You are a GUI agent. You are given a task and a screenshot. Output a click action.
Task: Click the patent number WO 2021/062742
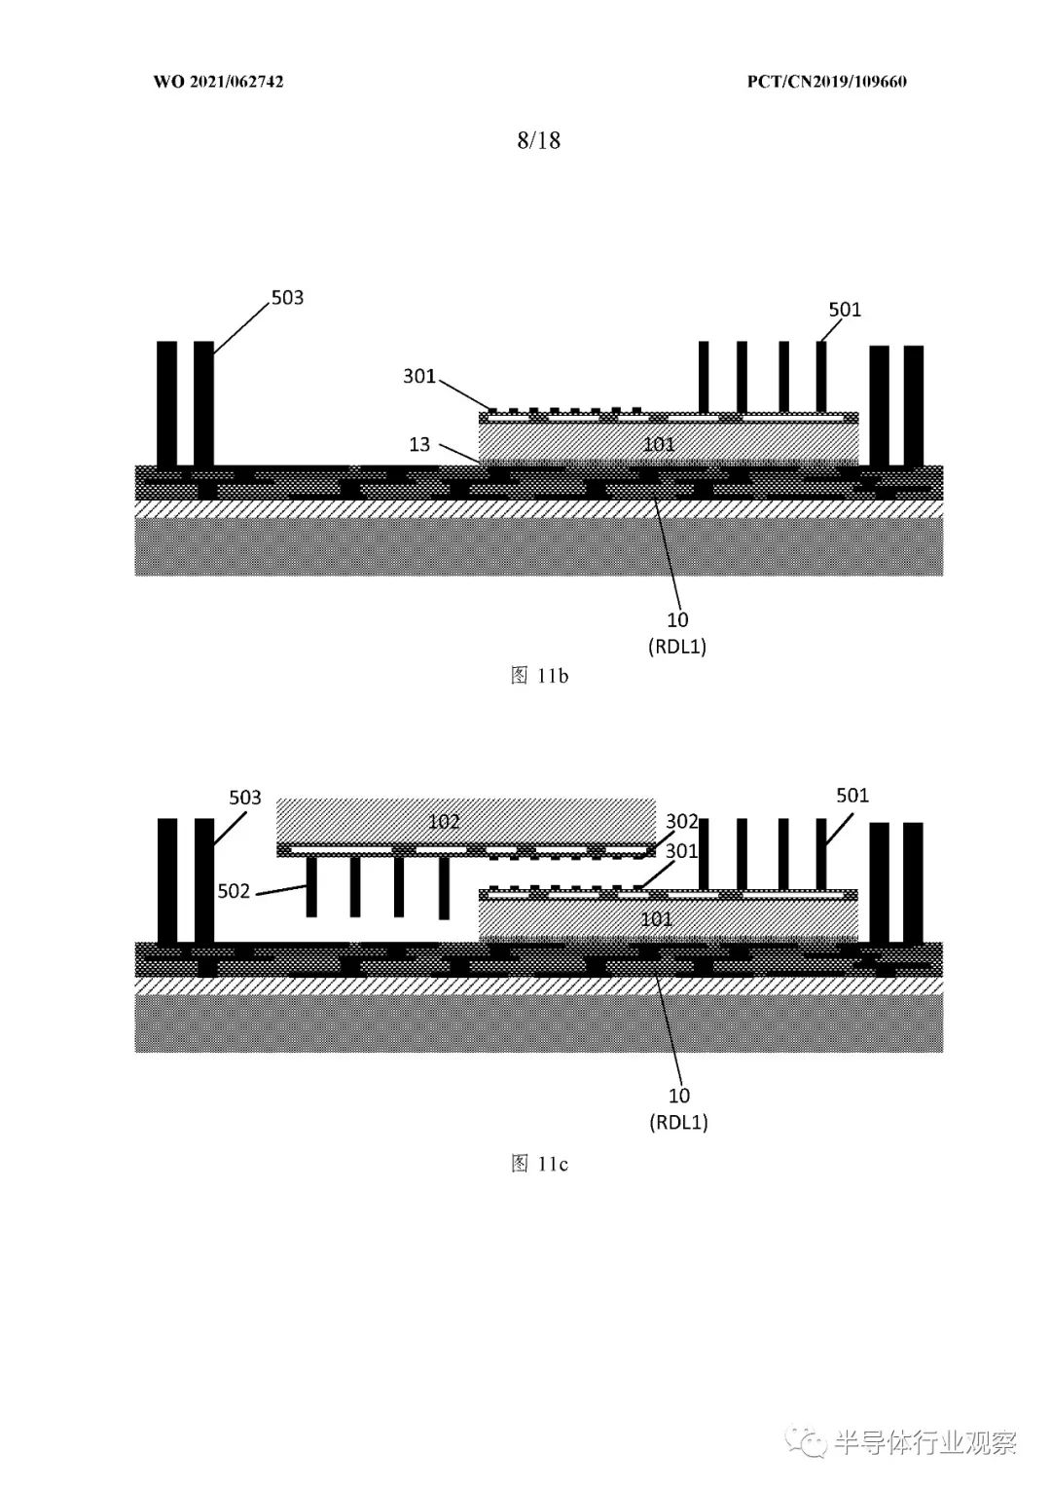pyautogui.click(x=219, y=82)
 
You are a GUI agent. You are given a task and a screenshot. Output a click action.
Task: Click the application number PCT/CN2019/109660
pyautogui.click(x=826, y=82)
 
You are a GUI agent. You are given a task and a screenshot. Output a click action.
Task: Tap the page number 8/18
pyautogui.click(x=539, y=140)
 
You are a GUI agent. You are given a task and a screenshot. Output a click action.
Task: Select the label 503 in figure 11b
pyautogui.click(x=287, y=297)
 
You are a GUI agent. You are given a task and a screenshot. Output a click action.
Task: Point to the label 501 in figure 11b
pyautogui.click(x=845, y=309)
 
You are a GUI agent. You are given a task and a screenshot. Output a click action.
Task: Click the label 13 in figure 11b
pyautogui.click(x=419, y=444)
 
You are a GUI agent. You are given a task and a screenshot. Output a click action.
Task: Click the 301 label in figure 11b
pyautogui.click(x=419, y=376)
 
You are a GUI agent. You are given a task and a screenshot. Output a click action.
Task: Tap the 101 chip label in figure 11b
pyautogui.click(x=659, y=444)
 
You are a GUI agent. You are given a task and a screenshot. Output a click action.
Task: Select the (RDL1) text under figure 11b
pyautogui.click(x=677, y=646)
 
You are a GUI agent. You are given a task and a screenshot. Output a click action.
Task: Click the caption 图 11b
pyautogui.click(x=539, y=676)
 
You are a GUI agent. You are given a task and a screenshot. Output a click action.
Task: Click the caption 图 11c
pyautogui.click(x=539, y=1164)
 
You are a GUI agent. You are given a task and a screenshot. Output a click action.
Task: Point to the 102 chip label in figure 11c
pyautogui.click(x=443, y=822)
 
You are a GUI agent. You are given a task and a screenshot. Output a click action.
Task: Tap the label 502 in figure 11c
pyautogui.click(x=234, y=891)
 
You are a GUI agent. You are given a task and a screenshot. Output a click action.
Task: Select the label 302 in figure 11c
pyautogui.click(x=681, y=822)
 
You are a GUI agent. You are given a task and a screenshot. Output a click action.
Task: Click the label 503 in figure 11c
pyautogui.click(x=245, y=798)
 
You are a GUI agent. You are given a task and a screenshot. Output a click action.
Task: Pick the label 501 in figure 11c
pyautogui.click(x=852, y=795)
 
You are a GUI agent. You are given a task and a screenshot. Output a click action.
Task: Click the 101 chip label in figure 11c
pyautogui.click(x=656, y=919)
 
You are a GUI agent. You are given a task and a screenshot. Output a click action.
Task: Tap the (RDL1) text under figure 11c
pyautogui.click(x=678, y=1122)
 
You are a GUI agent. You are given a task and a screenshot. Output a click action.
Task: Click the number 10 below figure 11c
pyautogui.click(x=679, y=1096)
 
